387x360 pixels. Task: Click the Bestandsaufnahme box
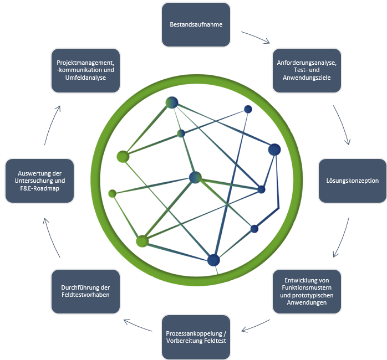tap(196, 25)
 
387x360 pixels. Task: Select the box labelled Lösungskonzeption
tap(352, 181)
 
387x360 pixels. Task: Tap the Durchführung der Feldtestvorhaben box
tap(85, 291)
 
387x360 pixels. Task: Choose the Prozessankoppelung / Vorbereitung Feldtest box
tap(196, 337)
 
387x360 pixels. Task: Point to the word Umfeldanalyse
tap(85, 78)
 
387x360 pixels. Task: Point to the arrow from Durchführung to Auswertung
tap(50, 238)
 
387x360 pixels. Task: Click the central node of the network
tap(195, 177)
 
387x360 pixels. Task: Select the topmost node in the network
tap(172, 102)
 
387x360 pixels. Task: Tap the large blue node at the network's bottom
tap(213, 260)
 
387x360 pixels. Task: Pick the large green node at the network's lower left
tap(142, 241)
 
